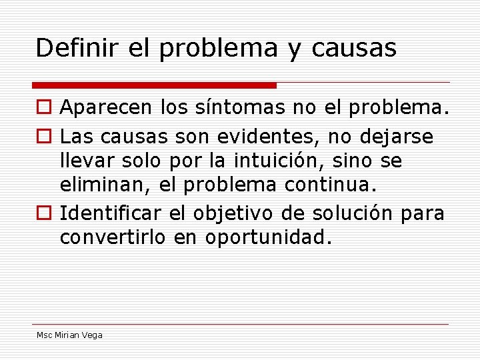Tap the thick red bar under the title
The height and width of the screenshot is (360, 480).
[155, 85]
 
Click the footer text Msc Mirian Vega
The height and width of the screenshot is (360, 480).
[69, 335]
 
